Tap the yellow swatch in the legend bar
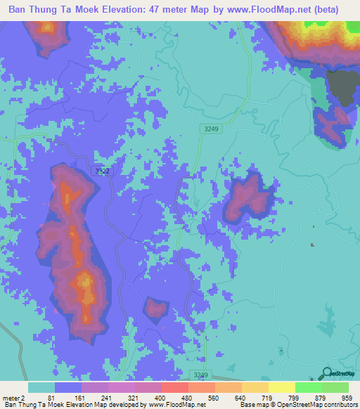281,387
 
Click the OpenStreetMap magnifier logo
326,372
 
